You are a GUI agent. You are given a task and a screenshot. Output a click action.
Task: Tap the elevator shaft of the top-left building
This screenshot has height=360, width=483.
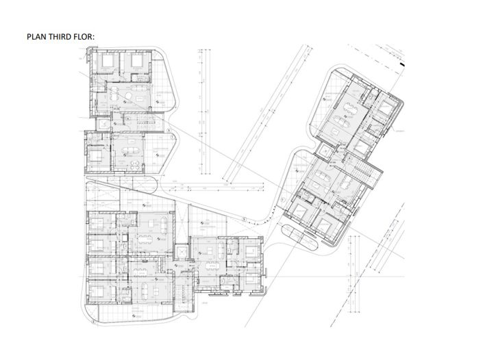coord(103,124)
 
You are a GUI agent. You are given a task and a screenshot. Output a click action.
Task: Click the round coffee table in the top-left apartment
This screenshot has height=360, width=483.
coord(140,101)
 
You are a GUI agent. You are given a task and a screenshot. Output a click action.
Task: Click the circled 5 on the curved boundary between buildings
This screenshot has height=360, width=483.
coord(243,219)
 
